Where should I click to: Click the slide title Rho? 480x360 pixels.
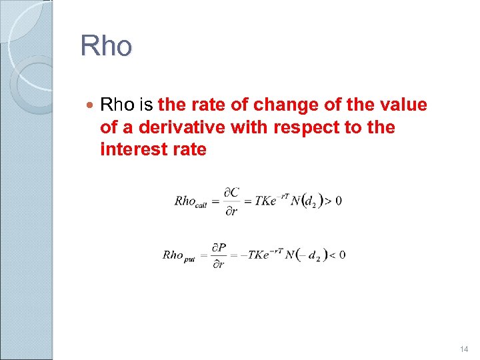click(106, 46)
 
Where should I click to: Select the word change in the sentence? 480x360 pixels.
click(299, 105)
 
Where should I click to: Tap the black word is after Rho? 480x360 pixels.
click(147, 105)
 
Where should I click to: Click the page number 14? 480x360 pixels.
click(464, 349)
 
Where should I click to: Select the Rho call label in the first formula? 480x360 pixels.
click(191, 201)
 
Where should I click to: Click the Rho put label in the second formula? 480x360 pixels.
click(181, 255)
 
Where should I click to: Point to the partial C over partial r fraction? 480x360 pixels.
click(231, 201)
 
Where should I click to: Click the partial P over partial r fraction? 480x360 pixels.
click(219, 255)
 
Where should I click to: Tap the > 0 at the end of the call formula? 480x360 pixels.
click(334, 201)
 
